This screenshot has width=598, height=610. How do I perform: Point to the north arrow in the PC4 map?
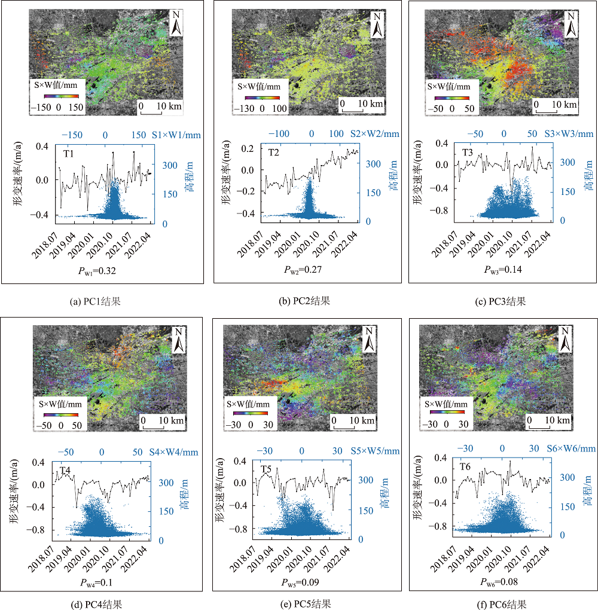179,340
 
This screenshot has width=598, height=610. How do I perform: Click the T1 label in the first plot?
69,154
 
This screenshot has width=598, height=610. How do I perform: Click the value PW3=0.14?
503,270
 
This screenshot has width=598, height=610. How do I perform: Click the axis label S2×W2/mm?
375,134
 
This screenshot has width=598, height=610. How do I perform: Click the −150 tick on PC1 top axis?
72,135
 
